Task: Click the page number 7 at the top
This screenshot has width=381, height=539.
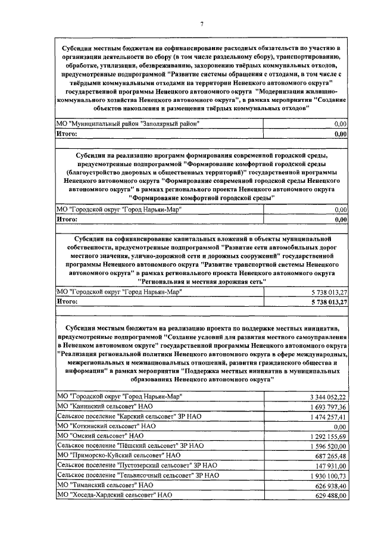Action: point(202,23)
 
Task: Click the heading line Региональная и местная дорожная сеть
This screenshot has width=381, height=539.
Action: point(202,281)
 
